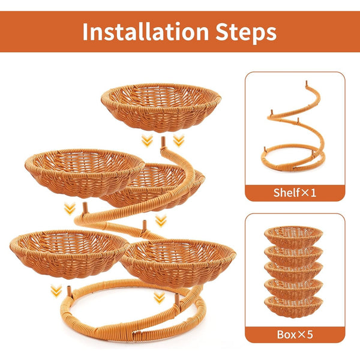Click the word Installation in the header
point(146,32)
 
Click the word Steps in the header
point(246,33)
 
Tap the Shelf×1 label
point(295,193)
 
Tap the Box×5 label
point(295,334)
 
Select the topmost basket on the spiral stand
point(161,107)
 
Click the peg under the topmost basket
point(163,142)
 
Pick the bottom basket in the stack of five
point(293,307)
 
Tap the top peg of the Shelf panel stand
point(306,83)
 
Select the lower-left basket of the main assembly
point(69,254)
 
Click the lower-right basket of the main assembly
point(178,262)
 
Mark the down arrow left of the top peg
point(147,140)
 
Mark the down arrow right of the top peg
point(179,140)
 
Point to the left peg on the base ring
point(70,292)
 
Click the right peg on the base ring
point(177,299)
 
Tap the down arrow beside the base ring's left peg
point(56,291)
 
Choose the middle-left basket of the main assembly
point(85,173)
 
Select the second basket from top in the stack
point(293,254)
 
